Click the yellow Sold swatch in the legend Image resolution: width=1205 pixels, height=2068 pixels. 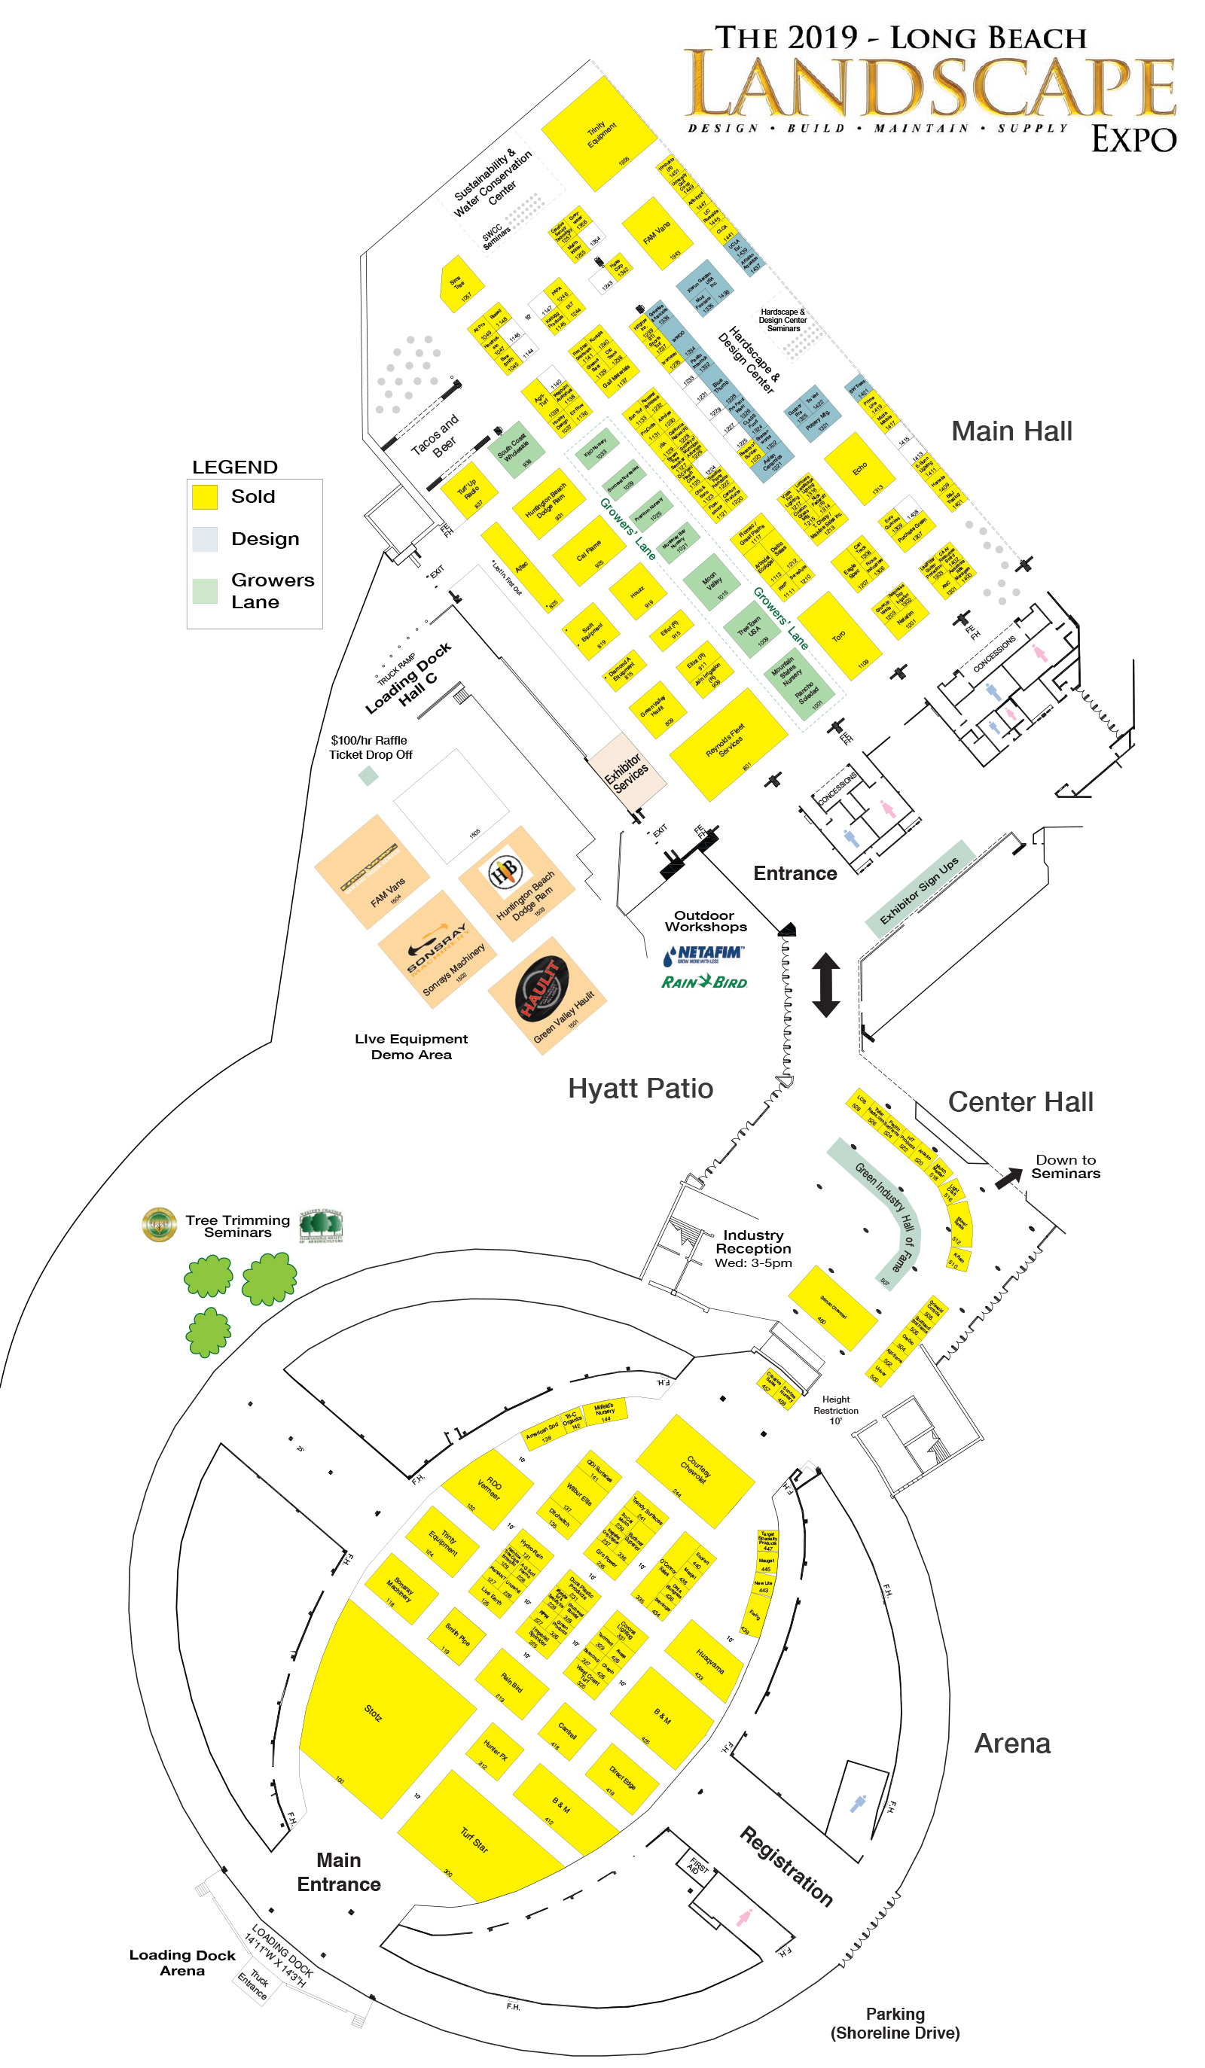point(204,496)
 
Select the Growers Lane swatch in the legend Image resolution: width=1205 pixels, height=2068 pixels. point(204,591)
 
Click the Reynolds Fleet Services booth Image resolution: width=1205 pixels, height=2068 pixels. point(727,744)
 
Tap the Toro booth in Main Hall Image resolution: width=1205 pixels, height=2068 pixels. point(839,637)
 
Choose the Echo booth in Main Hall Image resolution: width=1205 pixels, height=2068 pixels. point(859,468)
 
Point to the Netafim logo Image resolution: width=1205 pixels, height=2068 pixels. point(703,955)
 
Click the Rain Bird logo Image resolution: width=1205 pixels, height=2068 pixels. point(704,982)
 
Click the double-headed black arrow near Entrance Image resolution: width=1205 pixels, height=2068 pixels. point(825,985)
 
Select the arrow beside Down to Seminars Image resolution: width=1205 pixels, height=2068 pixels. point(1008,1178)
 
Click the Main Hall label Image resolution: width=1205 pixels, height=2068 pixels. point(1011,431)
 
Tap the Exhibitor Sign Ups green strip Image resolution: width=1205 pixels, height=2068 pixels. point(920,891)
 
